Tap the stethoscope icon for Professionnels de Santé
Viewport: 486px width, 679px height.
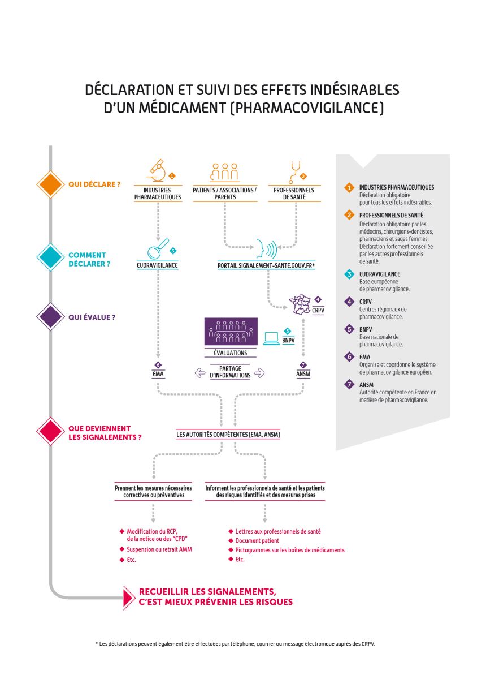pos(293,170)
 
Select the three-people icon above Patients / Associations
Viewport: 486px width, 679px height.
pos(224,171)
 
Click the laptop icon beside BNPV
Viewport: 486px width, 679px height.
pos(272,338)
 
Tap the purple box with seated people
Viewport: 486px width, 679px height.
pos(231,332)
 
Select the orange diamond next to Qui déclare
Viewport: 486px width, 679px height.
pos(50,184)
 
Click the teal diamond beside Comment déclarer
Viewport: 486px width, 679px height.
pos(50,259)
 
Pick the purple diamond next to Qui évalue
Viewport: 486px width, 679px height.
pos(50,317)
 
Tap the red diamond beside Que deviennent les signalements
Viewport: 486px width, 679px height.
pos(50,432)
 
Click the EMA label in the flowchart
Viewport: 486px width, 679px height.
pos(158,374)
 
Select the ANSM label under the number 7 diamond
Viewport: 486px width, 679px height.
pos(303,374)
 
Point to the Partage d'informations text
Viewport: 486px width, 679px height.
pos(230,372)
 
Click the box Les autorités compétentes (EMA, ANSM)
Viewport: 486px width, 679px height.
pos(228,435)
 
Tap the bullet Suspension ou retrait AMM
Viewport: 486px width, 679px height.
pos(159,549)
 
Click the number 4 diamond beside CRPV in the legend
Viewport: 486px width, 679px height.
pos(349,302)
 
